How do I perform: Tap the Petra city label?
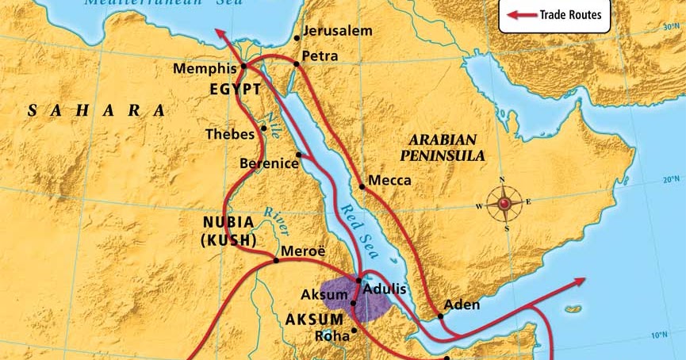(320, 56)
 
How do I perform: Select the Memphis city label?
(205, 70)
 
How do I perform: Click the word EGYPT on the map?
(236, 90)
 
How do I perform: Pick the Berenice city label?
(268, 163)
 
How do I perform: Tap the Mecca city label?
(390, 180)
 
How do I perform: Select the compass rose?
(504, 205)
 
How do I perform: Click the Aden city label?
(462, 304)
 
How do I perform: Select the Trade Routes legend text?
(570, 14)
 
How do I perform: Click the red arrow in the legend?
(521, 14)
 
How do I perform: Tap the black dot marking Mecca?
(362, 187)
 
